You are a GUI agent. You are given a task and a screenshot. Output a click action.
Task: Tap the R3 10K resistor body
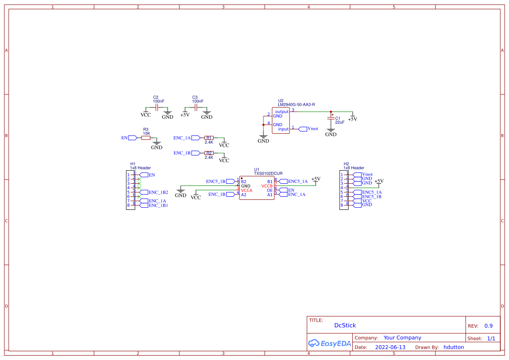146,138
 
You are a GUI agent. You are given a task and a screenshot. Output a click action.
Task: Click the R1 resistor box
209,138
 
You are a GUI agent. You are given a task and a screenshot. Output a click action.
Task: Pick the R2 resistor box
209,153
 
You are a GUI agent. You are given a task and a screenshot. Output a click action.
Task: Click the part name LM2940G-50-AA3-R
296,104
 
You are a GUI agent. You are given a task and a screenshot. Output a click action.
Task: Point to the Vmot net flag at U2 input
312,128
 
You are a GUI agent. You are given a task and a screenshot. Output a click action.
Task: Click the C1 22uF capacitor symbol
331,118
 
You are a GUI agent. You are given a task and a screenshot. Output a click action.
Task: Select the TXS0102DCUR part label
268,173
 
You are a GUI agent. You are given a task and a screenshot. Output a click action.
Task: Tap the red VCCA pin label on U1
246,190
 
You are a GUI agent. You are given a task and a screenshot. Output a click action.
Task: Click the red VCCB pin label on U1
267,186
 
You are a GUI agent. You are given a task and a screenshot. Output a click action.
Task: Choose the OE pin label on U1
270,190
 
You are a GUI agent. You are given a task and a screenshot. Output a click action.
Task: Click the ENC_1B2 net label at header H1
158,192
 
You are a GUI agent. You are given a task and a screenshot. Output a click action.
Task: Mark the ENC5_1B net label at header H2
371,196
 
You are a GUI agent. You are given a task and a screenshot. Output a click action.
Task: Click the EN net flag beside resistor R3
125,138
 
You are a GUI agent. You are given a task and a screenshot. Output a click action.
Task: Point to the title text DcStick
345,325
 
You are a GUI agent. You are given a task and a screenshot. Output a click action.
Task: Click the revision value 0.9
489,326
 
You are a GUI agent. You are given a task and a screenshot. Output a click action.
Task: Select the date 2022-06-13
390,347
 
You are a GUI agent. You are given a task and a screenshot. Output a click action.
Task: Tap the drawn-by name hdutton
454,347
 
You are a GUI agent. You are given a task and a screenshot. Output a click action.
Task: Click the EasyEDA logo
330,343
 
